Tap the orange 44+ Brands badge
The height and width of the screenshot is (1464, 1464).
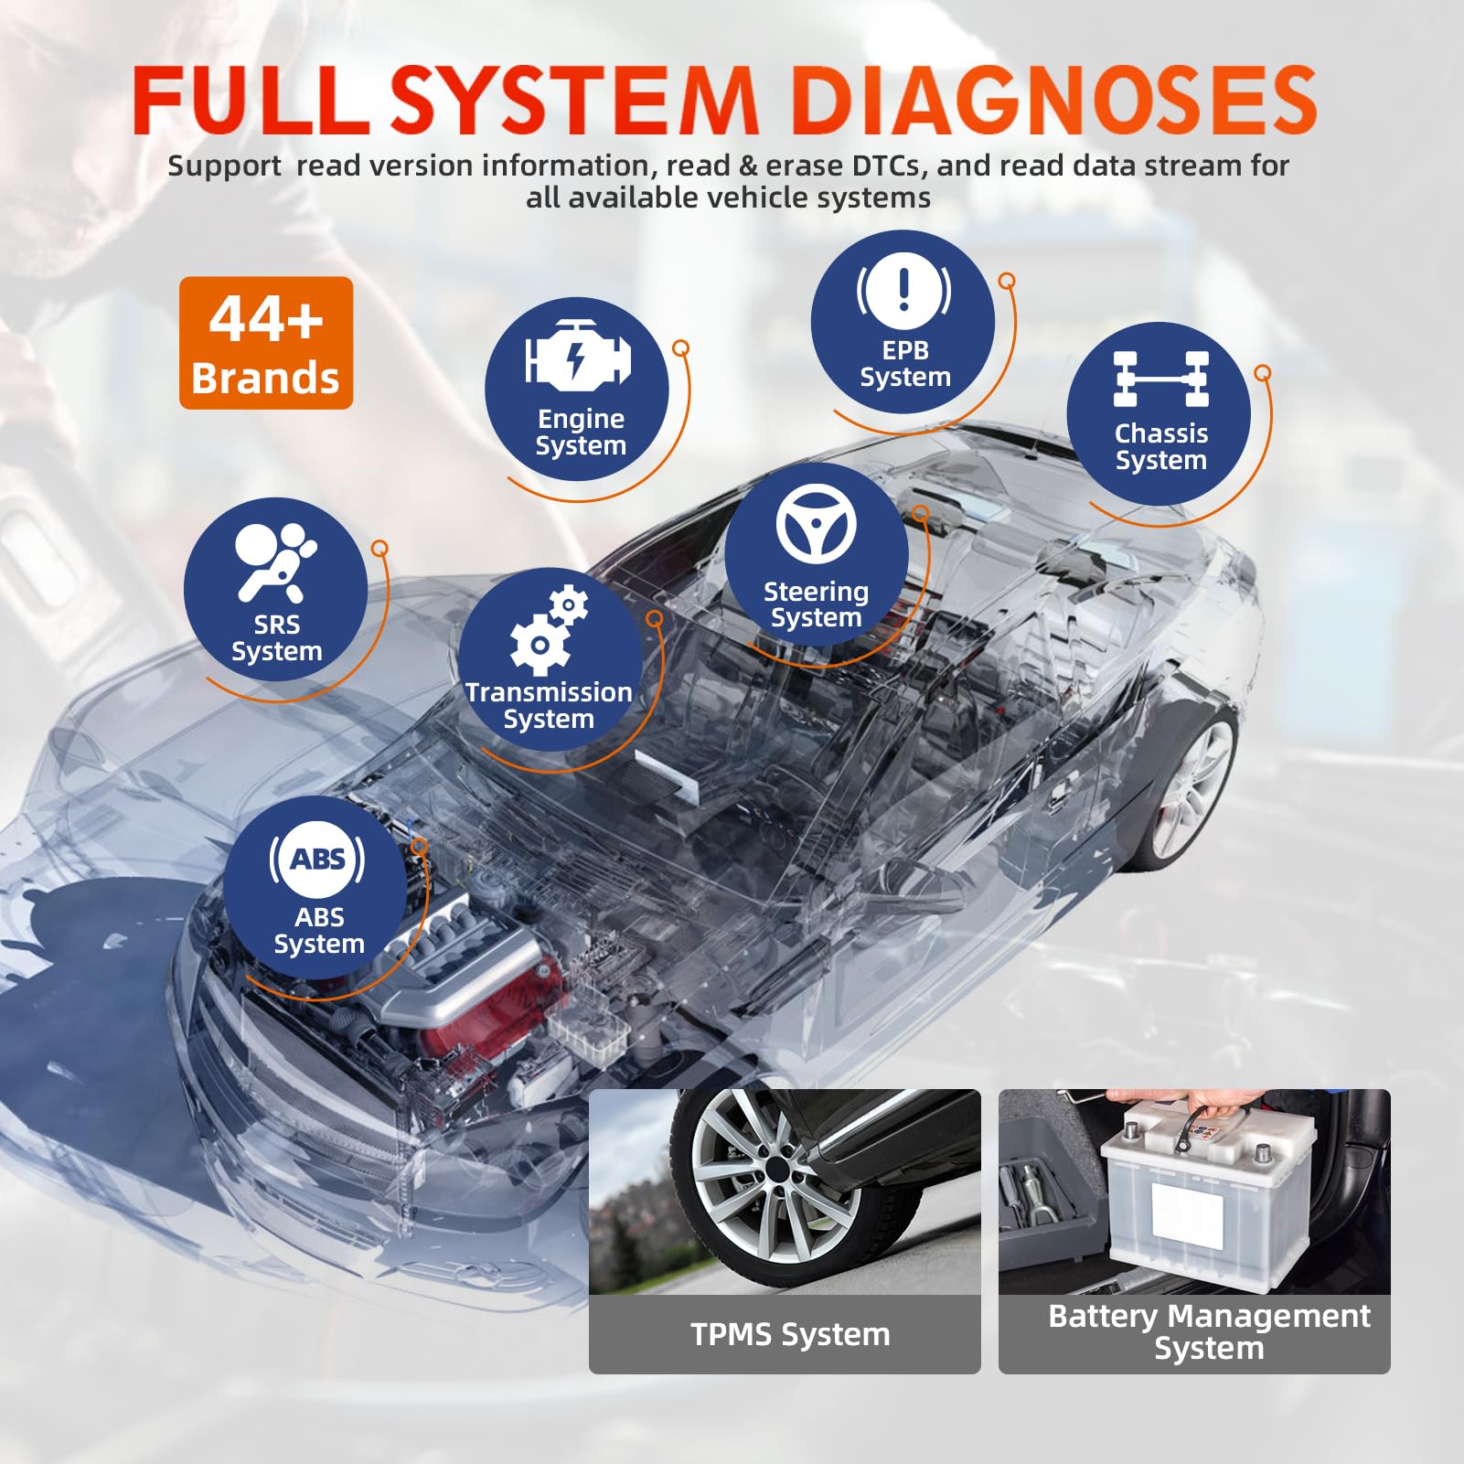[x=266, y=343]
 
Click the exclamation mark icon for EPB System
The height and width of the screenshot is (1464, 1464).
[x=903, y=291]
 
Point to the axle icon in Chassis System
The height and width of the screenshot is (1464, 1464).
[x=1161, y=379]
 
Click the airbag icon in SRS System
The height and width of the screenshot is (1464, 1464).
[x=274, y=561]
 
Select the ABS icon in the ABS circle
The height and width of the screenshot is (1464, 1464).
[x=317, y=860]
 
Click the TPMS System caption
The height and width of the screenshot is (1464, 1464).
[x=790, y=1334]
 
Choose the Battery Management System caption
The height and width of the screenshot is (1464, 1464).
[x=1209, y=1331]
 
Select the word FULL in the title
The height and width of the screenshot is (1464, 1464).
[x=249, y=101]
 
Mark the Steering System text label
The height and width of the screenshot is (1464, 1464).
[x=816, y=604]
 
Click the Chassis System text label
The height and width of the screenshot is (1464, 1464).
[x=1161, y=446]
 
